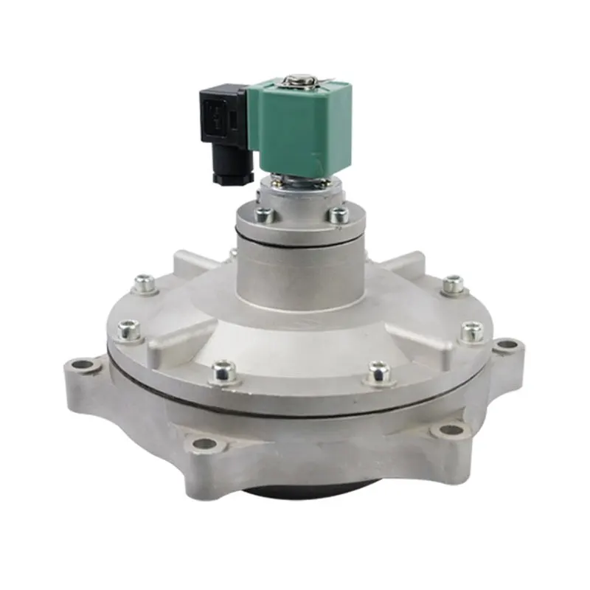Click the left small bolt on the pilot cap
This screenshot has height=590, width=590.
point(261,215)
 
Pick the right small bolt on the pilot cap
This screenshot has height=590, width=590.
point(339,215)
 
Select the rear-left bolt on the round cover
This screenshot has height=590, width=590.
point(145,282)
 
